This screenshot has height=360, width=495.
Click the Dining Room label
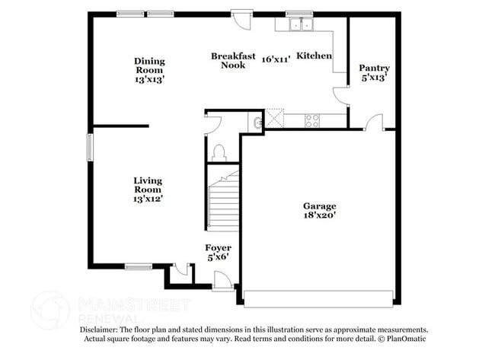(149, 65)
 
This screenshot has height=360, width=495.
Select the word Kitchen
(314, 56)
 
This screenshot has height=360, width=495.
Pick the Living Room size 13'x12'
(147, 199)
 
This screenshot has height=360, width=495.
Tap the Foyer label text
(218, 248)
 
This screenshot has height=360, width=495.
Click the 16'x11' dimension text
(276, 59)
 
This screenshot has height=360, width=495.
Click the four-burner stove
(312, 120)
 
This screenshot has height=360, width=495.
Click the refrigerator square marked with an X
(274, 119)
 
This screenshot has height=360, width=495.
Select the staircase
(223, 203)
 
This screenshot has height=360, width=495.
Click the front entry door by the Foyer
(222, 282)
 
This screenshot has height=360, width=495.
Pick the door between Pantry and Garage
(374, 123)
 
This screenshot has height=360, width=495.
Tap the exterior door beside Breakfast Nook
(241, 18)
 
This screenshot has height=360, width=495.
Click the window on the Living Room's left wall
(89, 146)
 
